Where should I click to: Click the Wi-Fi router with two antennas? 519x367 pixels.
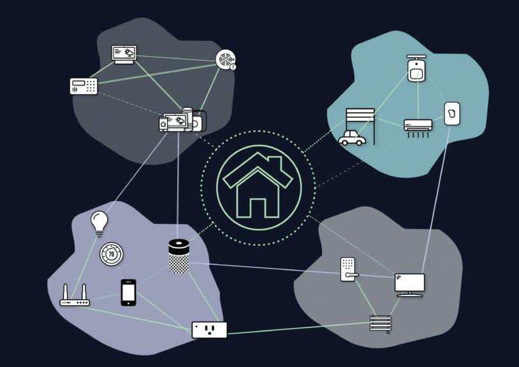[x=75, y=297]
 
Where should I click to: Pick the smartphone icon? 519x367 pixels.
[x=128, y=292]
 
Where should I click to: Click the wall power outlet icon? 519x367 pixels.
[x=209, y=329]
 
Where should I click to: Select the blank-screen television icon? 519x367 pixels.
[x=409, y=284]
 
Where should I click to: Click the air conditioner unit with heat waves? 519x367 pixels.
[x=418, y=126]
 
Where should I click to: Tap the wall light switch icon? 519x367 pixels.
[x=452, y=112]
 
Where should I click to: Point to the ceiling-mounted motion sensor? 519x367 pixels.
[x=416, y=68]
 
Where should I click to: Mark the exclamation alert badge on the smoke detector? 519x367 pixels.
[x=233, y=66]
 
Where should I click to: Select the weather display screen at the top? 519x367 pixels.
[x=124, y=54]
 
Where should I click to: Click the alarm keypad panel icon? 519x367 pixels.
[x=84, y=86]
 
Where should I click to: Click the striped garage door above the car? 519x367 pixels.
[x=360, y=118]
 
